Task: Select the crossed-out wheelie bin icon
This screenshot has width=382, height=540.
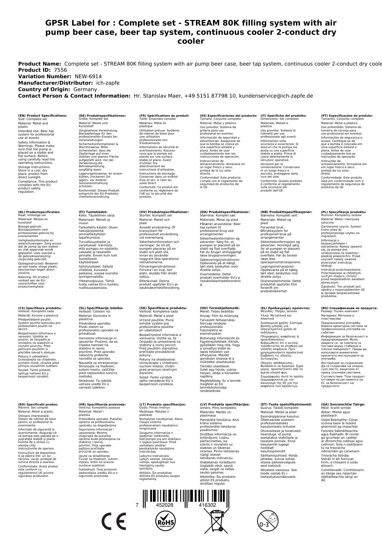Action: pyautogui.click(x=216, y=522)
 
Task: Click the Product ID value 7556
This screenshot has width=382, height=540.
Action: pyautogui.click(x=60, y=70)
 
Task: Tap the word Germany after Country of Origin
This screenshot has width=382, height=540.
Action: pyautogui.click(x=85, y=89)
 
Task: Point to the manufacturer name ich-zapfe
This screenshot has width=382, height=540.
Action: pyautogui.click(x=108, y=83)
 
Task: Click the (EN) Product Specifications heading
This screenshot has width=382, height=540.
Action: pyautogui.click(x=42, y=116)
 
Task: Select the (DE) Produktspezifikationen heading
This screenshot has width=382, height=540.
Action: pyautogui.click(x=102, y=116)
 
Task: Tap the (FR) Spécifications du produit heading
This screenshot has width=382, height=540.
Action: pyautogui.click(x=164, y=116)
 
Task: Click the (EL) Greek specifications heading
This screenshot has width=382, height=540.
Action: pyautogui.click(x=285, y=308)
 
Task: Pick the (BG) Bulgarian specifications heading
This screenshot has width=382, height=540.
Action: pyautogui.click(x=349, y=308)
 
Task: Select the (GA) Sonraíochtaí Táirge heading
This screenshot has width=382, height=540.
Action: pyautogui.click(x=343, y=404)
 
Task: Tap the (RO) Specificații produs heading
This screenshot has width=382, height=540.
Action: pyautogui.click(x=38, y=404)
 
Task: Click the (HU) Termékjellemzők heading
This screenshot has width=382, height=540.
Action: pyautogui.click(x=219, y=308)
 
